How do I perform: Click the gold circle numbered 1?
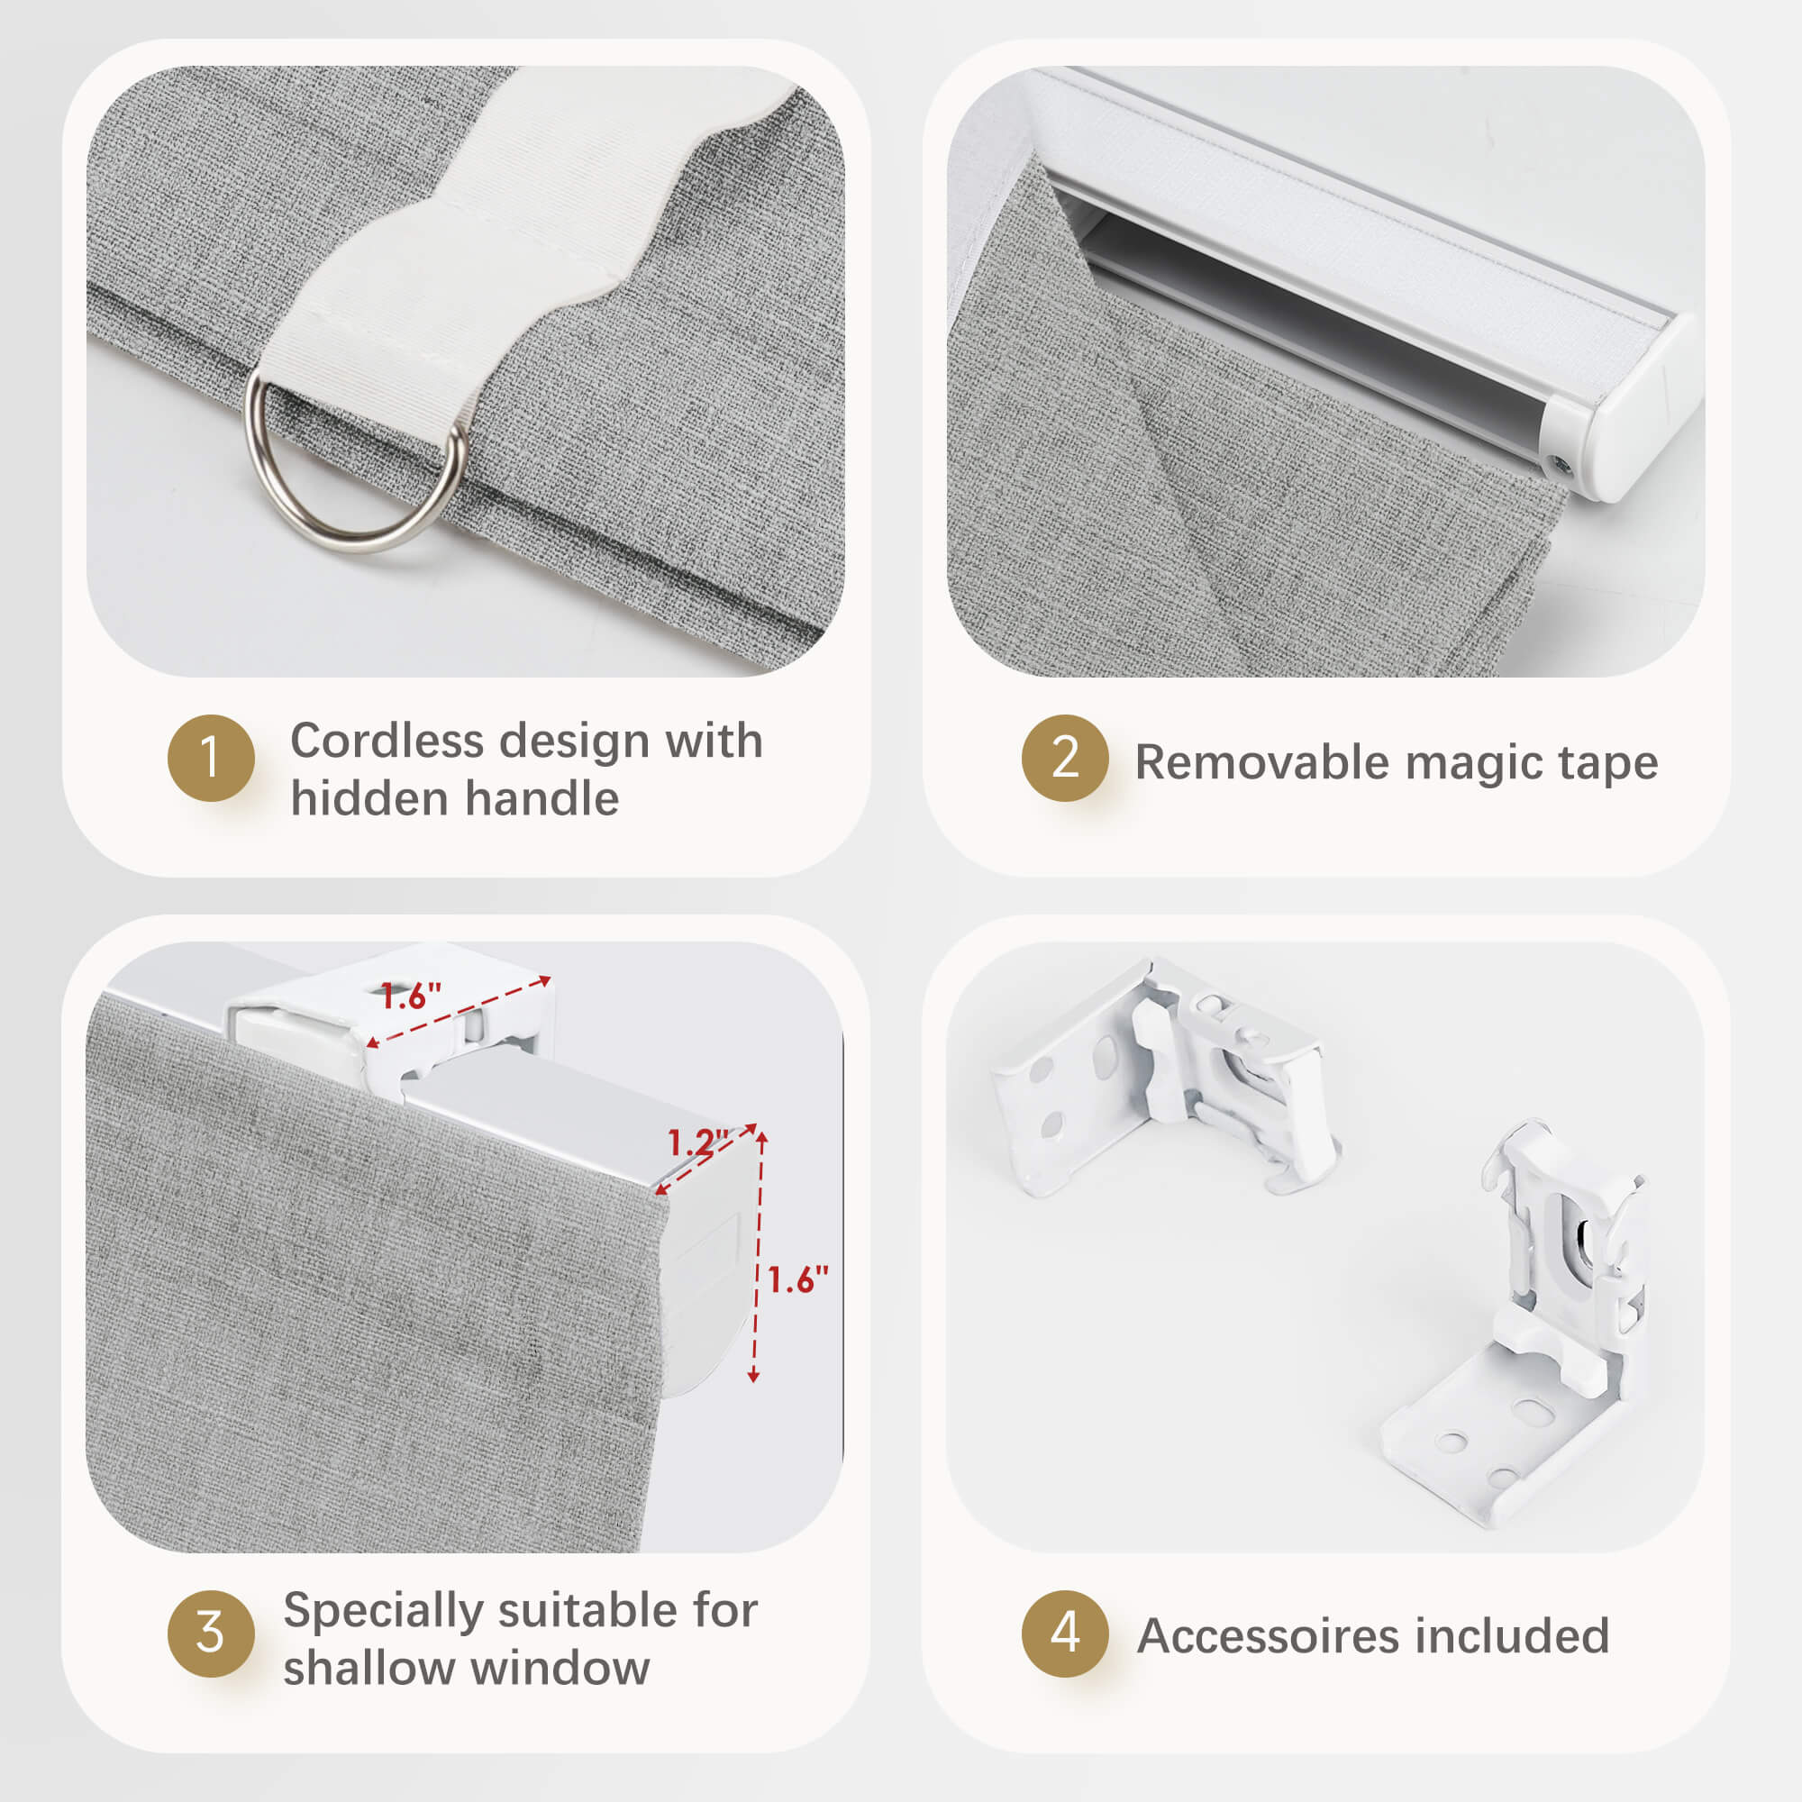coord(211,759)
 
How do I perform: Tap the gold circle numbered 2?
coord(1065,759)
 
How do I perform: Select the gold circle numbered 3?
coord(211,1634)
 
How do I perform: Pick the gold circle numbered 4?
coord(1065,1634)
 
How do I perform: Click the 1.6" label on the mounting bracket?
coord(410,997)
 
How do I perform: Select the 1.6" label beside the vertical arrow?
coord(797,1279)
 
